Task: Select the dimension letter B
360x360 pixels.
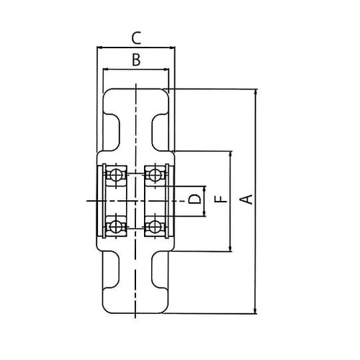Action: tap(136, 61)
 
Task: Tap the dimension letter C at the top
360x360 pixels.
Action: tap(136, 37)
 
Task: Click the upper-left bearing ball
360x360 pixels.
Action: tap(115, 174)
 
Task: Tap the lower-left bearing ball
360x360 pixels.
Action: tap(115, 226)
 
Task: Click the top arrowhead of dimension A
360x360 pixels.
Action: tap(255, 92)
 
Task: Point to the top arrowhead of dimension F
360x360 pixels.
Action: tap(230, 154)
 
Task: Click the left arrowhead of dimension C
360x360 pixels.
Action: tap(99, 48)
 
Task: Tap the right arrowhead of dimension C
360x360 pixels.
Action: tap(174, 48)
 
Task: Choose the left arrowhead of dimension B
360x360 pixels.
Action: tap(105, 71)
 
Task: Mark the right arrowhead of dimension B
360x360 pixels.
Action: tap(168, 71)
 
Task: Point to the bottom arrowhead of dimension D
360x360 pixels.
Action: tap(206, 214)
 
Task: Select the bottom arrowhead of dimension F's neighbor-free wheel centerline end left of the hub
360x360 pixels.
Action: tap(88, 199)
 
